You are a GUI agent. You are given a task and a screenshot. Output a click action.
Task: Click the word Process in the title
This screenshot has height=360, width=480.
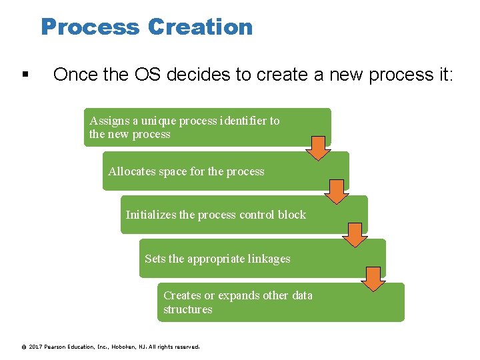point(91,27)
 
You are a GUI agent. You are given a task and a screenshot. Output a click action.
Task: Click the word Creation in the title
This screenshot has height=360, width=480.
point(201,27)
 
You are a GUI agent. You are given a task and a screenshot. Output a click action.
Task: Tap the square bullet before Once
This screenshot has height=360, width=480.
point(25,75)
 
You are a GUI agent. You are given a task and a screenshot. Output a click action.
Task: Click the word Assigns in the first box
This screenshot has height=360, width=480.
point(110,121)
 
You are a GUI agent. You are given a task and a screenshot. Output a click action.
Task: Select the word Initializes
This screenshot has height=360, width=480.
point(151,215)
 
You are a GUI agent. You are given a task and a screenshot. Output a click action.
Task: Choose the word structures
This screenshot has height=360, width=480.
point(188,309)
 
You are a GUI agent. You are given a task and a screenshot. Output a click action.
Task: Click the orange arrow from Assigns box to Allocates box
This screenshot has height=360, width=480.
point(319,148)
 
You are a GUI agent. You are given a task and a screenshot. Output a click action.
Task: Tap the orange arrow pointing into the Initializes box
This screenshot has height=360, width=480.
point(337,191)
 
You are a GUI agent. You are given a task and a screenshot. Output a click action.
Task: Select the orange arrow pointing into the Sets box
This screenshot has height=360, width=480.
point(355,235)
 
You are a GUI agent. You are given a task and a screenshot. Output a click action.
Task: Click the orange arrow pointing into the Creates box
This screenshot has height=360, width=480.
point(374,278)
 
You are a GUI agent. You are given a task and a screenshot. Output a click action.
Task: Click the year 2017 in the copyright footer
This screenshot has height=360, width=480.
point(36,347)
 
